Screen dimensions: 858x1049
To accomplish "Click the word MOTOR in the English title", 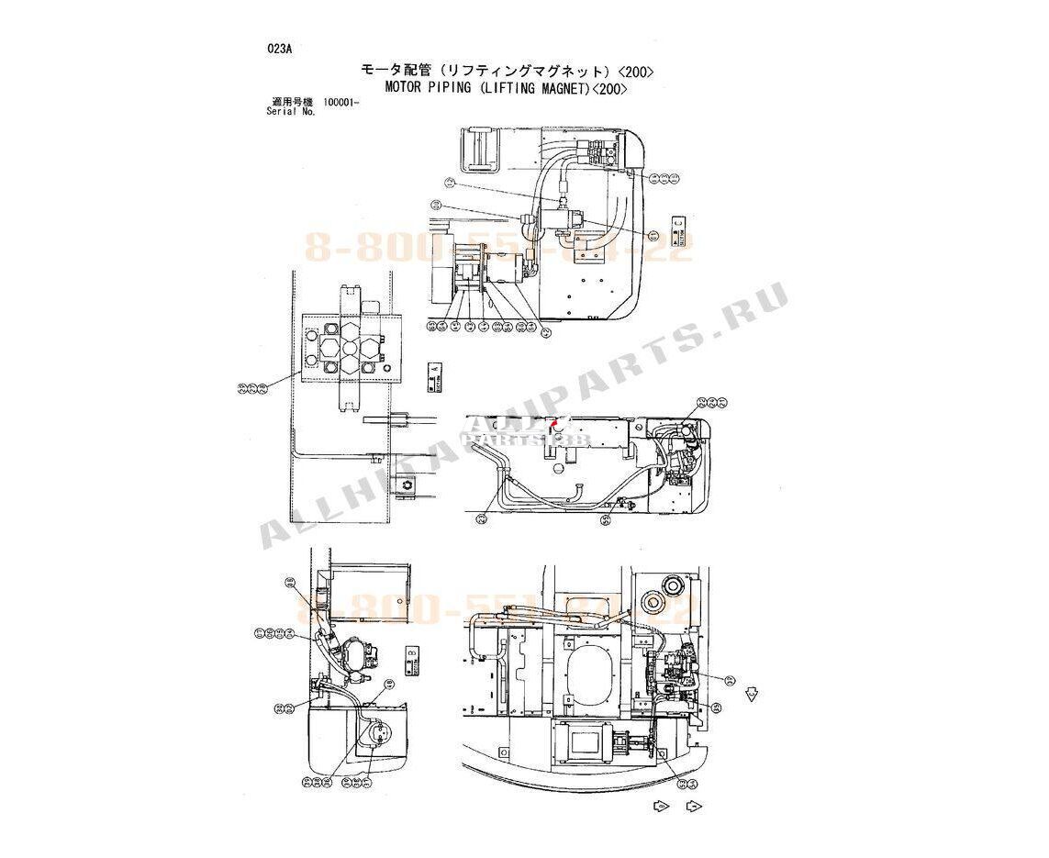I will (x=405, y=89).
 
